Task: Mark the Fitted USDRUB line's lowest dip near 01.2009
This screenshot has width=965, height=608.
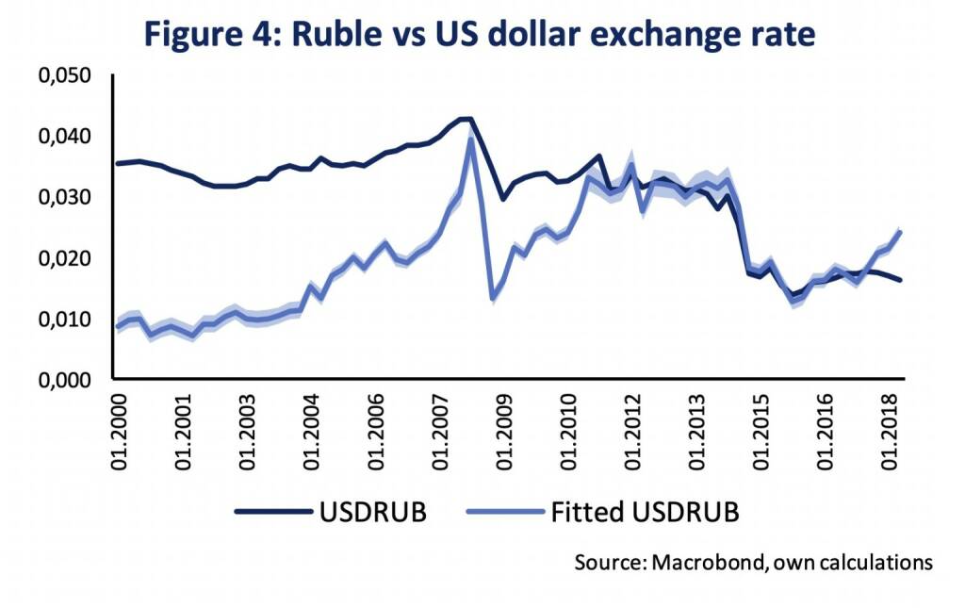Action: [x=494, y=298]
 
